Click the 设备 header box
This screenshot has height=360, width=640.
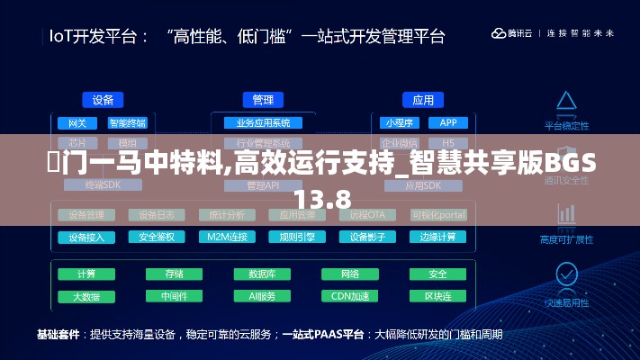103,100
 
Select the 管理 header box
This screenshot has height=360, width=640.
263,100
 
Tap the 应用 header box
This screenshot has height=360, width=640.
422,100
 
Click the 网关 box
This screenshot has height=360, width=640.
77,123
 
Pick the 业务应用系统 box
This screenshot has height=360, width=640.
263,123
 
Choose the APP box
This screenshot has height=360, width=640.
448,123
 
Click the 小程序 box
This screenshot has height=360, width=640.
397,123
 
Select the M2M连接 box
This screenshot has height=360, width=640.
227,238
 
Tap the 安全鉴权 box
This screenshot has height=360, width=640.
157,238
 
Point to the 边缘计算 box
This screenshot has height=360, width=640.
438,238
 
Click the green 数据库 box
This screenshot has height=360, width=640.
262,274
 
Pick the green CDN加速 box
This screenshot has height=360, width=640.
349,296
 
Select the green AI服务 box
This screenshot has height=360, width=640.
262,296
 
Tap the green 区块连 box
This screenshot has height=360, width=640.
437,296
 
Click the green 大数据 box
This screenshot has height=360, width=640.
86,296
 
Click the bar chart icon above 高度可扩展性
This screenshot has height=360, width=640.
566,216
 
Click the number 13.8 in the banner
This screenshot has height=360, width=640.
320,198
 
